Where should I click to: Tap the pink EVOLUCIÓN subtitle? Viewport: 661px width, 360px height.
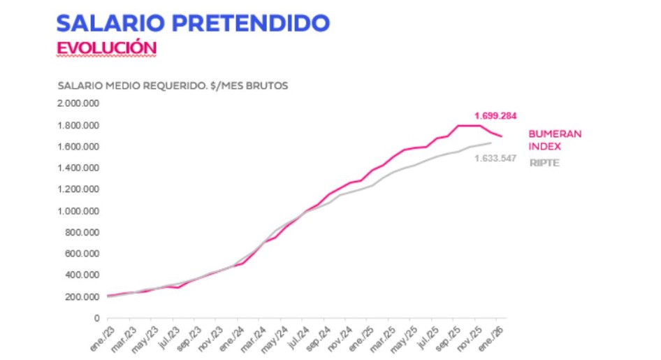pos(106,48)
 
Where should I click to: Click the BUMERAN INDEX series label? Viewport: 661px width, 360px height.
pos(555,139)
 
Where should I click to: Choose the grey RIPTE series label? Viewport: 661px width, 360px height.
pos(544,164)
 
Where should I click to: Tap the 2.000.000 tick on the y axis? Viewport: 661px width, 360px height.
pos(78,103)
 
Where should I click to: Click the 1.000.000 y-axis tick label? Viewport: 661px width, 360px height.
pos(78,211)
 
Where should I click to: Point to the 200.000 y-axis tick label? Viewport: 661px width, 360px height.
pos(81,297)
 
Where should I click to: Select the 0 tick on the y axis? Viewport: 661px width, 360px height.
pos(96,319)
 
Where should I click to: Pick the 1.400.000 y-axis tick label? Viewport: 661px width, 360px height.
pos(78,168)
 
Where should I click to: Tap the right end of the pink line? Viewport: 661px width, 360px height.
pos(502,136)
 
